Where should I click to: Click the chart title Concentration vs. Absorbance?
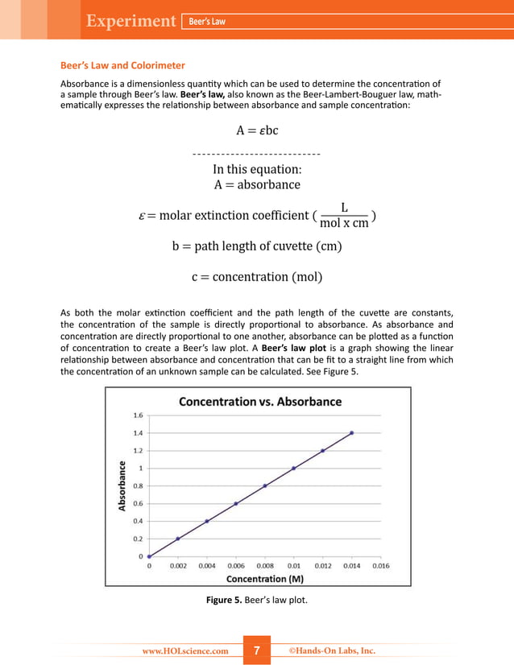[259, 401]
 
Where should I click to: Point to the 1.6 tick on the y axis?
[138, 415]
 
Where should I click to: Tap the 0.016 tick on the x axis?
[380, 566]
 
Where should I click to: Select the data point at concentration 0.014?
[351, 433]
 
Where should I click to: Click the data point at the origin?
[149, 556]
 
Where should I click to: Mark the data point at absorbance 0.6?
[236, 504]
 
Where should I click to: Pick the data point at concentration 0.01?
[293, 469]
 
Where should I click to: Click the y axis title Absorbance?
[122, 485]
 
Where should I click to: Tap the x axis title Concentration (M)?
[256, 579]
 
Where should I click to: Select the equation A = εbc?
[257, 130]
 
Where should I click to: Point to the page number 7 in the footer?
[257, 651]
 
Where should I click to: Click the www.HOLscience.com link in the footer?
[185, 651]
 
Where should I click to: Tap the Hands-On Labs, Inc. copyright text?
[332, 651]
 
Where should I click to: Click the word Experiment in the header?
[132, 21]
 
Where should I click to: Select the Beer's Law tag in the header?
[207, 21]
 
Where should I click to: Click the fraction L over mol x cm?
[344, 216]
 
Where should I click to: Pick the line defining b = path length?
[256, 246]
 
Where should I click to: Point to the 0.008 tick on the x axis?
[265, 566]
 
